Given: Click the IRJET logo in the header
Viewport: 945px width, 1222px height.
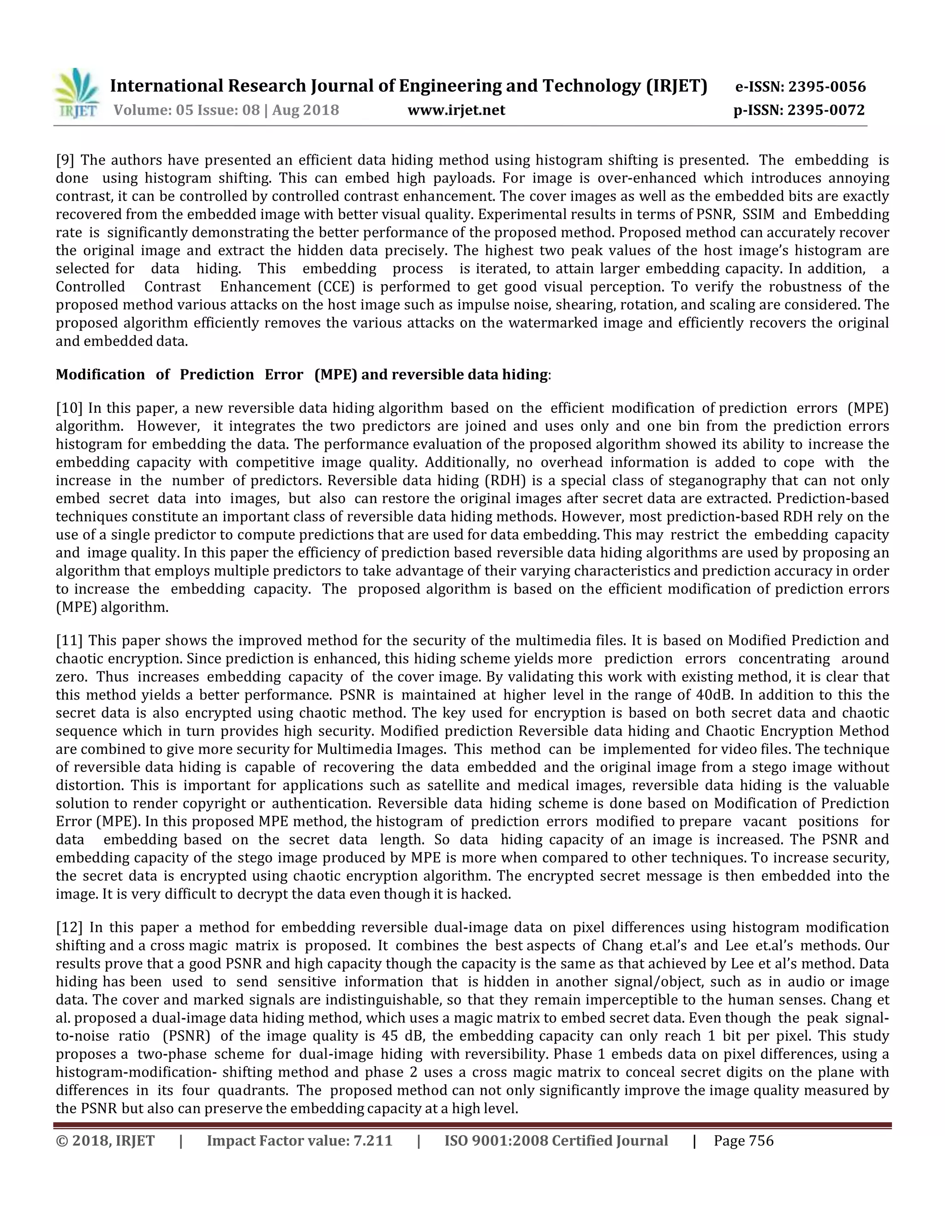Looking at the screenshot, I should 77,94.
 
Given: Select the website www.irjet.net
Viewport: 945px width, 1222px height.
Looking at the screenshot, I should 456,110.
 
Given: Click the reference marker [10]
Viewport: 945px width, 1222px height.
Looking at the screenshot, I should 69,409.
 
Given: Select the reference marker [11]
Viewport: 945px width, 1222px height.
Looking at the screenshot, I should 69,640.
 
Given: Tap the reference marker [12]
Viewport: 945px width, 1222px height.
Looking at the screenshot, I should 69,928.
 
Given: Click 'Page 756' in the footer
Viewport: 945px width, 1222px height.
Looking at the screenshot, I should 743,1141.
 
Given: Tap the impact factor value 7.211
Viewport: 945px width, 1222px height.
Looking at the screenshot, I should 372,1141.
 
